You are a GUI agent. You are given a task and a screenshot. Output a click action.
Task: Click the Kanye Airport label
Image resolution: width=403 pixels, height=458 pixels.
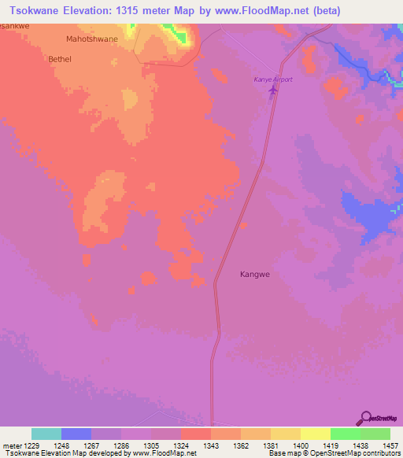coord(272,79)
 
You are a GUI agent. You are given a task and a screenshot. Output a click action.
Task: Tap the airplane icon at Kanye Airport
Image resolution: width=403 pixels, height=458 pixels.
coord(273,91)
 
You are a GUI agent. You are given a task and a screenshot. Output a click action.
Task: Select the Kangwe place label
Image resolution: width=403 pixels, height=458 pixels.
coord(255,275)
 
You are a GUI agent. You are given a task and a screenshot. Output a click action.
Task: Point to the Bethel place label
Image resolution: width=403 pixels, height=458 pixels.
coord(60,59)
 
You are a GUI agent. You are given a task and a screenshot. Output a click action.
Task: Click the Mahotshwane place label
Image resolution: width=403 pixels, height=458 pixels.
coord(92,39)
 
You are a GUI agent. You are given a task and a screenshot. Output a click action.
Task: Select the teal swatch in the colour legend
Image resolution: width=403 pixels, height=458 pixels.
coord(46,434)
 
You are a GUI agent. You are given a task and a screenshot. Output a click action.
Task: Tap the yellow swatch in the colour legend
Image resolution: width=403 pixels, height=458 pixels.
coord(315,434)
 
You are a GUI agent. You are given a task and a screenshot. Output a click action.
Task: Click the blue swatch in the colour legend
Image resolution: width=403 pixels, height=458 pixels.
coord(76,434)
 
